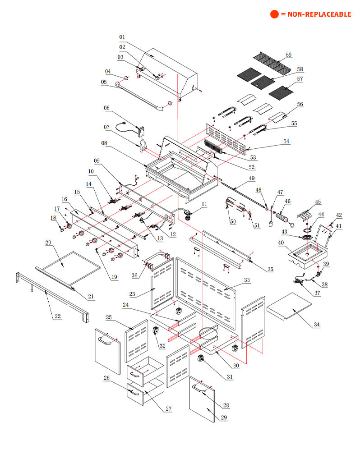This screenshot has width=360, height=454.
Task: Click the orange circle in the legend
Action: [x=274, y=14]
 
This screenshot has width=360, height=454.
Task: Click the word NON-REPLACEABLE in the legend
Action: [x=319, y=14]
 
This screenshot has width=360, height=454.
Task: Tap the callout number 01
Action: [x=122, y=37]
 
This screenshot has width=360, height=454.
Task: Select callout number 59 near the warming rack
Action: [x=288, y=55]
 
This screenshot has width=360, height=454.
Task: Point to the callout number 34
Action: [x=317, y=325]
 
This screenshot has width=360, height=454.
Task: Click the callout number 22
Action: [x=58, y=316]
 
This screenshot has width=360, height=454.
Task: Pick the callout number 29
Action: [x=224, y=417]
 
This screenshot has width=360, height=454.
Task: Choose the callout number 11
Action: [x=204, y=204]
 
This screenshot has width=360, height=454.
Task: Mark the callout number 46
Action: [x=288, y=201]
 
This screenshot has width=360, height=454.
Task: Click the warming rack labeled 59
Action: [x=272, y=63]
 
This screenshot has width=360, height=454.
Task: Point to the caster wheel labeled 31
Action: [x=201, y=358]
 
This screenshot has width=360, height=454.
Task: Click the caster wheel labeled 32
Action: [x=156, y=330]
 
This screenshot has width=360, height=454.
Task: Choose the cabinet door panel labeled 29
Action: [x=202, y=399]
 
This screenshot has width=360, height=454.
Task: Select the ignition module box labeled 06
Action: [x=141, y=132]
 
